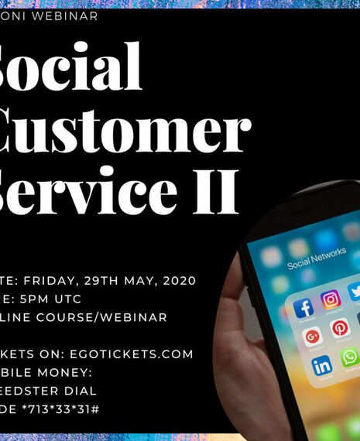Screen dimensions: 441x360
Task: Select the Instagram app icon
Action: [331, 299]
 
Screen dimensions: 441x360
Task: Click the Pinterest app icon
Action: [340, 328]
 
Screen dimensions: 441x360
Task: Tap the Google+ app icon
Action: [312, 337]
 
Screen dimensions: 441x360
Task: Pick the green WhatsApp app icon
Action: [350, 357]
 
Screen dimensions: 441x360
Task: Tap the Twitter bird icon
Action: [355, 292]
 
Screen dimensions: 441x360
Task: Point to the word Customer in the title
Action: [124, 132]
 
